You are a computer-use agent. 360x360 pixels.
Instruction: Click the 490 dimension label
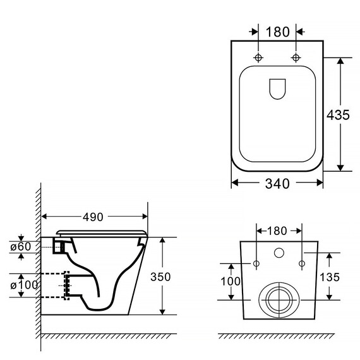[x=93, y=217]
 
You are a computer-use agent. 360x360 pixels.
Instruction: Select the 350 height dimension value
[x=160, y=277]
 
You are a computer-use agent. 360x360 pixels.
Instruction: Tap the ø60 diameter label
[x=21, y=247]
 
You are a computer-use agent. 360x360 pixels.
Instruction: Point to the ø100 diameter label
[x=24, y=285]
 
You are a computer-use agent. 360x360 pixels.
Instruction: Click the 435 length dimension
[x=338, y=115]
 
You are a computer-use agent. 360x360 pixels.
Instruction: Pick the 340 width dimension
[x=277, y=184]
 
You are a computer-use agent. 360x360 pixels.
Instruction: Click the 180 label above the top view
[x=277, y=32]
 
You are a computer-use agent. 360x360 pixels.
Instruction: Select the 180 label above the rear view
[x=277, y=231]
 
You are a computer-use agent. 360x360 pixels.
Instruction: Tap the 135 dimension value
[x=330, y=277]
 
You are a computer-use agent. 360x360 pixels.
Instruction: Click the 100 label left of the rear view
[x=231, y=281]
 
